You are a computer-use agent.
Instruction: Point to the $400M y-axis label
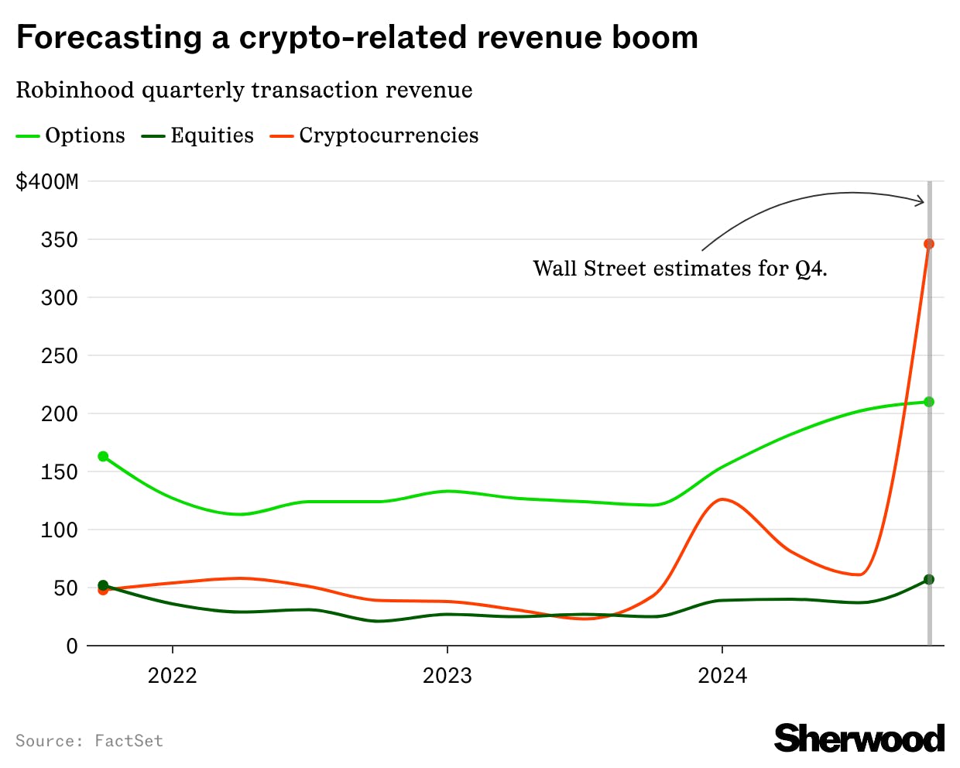47,182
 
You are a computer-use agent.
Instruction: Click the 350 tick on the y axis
60,240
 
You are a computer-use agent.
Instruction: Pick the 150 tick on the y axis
60,472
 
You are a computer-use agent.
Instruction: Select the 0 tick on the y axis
72,646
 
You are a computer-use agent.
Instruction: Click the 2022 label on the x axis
172,675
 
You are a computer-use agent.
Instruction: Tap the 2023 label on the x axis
447,675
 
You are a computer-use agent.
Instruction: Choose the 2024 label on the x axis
722,675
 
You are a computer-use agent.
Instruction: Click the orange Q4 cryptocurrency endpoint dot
929,244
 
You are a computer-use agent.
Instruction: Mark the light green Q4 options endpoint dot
929,402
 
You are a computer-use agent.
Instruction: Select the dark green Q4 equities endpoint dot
929,579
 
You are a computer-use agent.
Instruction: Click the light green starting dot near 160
103,456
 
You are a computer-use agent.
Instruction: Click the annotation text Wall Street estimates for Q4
680,269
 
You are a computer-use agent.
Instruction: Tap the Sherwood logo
859,738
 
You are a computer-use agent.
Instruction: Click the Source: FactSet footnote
89,741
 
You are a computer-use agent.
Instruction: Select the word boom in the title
655,37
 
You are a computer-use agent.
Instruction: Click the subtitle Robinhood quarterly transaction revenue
244,90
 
